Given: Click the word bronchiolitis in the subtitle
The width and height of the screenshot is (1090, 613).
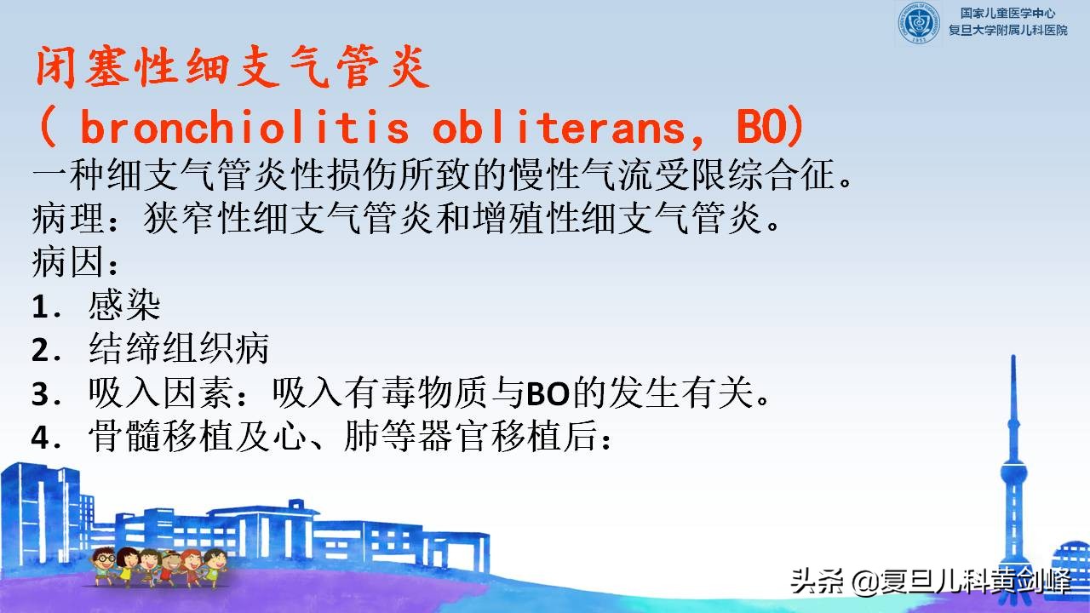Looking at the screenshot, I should point(244,129).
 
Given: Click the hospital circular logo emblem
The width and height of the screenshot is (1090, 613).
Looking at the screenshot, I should point(921,23).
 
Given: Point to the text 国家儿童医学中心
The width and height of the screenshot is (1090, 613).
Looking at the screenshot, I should point(1007,13).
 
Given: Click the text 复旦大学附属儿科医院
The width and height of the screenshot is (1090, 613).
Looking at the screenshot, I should point(1007,31).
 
